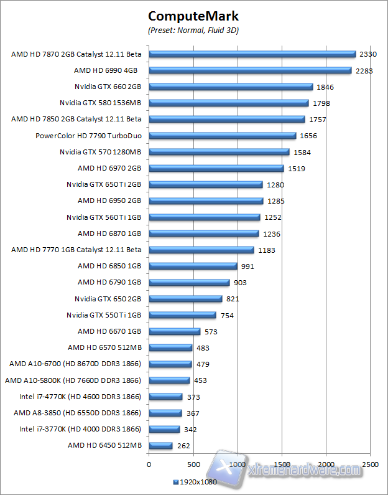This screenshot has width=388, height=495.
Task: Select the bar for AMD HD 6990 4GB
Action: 250,70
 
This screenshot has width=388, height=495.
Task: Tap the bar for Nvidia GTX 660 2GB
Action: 231,87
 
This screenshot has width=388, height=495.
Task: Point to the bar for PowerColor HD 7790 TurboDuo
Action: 222,136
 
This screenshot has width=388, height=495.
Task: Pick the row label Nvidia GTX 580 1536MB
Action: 100,103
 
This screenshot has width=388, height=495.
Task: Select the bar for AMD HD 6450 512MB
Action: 160,446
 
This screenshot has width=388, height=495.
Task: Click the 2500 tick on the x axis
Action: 371,464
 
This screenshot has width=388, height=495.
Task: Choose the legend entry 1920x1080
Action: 195,483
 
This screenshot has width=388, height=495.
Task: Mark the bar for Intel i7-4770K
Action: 165,397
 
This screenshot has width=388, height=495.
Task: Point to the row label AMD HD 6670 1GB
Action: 109,331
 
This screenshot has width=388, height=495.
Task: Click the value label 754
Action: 227,316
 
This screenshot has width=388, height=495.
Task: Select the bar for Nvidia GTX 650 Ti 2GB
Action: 206,185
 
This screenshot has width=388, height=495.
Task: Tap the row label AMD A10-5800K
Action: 73,380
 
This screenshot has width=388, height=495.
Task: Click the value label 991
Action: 248,266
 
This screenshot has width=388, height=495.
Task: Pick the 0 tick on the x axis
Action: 149,464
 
